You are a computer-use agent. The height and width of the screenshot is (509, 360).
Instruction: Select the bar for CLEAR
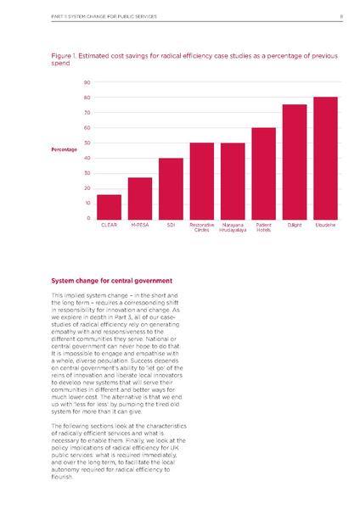tap(109, 206)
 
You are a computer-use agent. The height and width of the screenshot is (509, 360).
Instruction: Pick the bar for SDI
tap(171, 188)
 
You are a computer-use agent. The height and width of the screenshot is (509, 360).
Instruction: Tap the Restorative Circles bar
tap(201, 181)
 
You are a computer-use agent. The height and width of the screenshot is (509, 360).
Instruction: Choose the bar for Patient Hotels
tap(263, 173)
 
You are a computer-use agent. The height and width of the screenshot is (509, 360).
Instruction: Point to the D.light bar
tap(294, 161)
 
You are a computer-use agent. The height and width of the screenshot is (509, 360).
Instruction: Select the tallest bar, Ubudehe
tap(325, 158)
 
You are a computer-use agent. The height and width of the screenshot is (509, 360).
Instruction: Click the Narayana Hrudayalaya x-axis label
tap(232, 227)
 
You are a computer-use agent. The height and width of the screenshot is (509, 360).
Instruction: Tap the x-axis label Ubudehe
tap(325, 225)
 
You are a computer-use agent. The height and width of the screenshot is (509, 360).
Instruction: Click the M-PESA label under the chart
tap(140, 225)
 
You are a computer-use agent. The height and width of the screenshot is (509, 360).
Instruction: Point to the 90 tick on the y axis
tap(87, 82)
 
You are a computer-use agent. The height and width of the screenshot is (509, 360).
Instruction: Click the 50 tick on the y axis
tap(87, 143)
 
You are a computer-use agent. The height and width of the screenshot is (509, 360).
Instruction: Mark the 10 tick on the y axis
tap(87, 203)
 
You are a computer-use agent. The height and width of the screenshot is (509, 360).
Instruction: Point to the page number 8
tap(340, 14)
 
